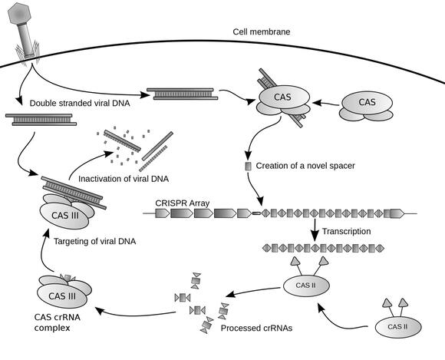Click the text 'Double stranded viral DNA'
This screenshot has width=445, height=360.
pos(79,103)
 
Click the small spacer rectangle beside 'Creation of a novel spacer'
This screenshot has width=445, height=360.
pos(247,167)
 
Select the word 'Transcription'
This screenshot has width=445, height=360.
pos(346,231)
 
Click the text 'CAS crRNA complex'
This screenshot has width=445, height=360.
pos(60,322)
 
